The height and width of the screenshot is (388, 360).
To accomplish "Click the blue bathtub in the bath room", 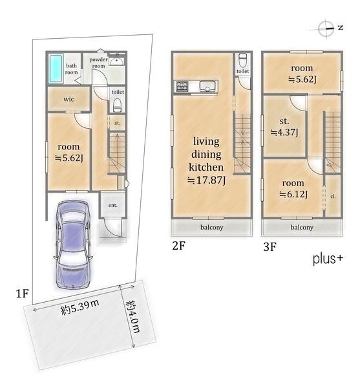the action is pos(56,69).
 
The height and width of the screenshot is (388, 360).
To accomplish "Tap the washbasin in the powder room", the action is pos(117,61).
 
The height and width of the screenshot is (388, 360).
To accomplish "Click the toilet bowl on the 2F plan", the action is pos(242,60).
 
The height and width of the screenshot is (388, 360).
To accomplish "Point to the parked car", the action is pos(73,244).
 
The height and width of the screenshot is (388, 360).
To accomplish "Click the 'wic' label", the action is pos(69,99).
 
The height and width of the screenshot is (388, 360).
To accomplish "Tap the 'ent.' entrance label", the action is pos(112,205).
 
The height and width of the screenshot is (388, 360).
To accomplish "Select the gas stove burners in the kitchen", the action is pos(182,86).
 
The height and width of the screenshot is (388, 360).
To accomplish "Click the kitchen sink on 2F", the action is pos(207,87).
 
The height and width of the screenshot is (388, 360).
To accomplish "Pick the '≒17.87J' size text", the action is pos(206,180).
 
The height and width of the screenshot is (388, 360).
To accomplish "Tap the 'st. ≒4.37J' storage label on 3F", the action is pos(284,127).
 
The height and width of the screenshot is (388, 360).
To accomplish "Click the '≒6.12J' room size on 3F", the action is pos(293,195).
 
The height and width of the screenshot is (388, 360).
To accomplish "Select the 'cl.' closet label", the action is pos(333,196).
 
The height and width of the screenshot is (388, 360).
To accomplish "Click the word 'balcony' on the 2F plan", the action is pos(212,227).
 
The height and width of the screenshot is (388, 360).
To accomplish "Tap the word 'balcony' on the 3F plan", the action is pos(302,227).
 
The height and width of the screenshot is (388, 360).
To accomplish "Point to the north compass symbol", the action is pos(326,28).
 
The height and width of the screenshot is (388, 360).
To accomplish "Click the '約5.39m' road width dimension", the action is pos(80,307).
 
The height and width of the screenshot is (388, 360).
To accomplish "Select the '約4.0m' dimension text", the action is pos(134,317).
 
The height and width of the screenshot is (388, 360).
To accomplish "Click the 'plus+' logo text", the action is pos(328,259).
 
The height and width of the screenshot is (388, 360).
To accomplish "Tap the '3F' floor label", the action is pos(270,247).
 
